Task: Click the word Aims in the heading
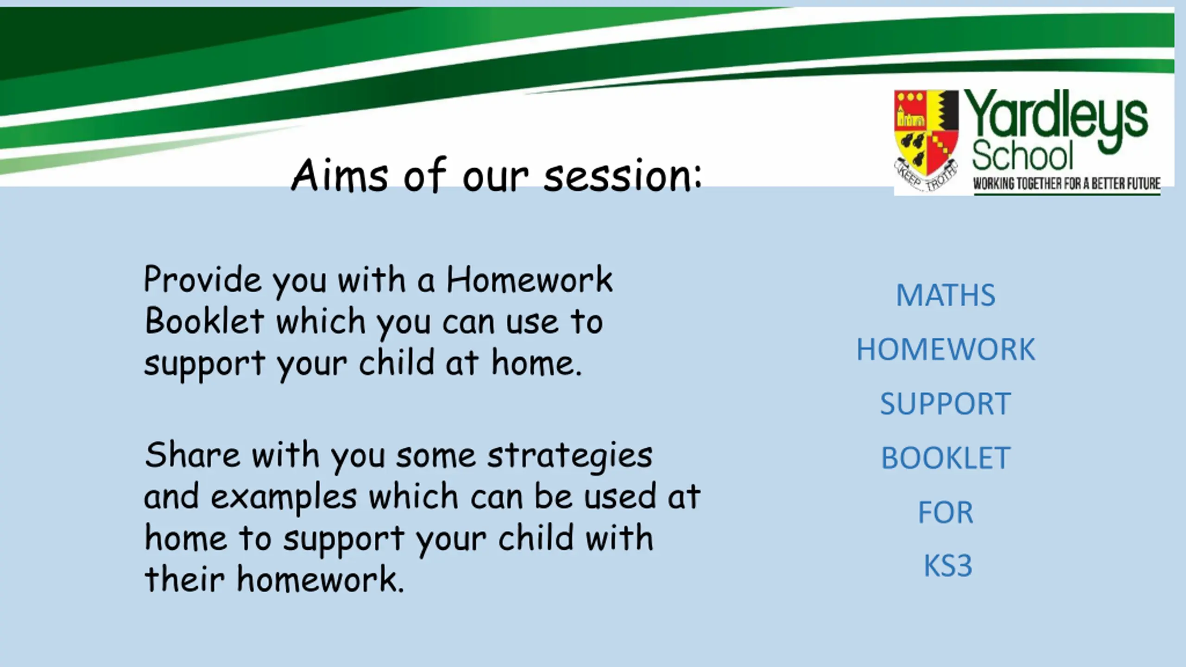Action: click(340, 175)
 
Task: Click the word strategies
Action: click(570, 457)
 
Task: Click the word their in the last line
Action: click(184, 579)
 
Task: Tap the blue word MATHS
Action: click(946, 295)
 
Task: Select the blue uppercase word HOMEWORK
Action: click(946, 349)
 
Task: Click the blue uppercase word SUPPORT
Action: click(946, 403)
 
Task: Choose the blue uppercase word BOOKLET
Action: click(946, 458)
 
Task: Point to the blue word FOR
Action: click(946, 512)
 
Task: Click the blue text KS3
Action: click(948, 566)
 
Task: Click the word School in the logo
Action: click(1022, 156)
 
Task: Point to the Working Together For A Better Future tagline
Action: click(1066, 184)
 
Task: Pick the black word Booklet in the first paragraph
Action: click(204, 320)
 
